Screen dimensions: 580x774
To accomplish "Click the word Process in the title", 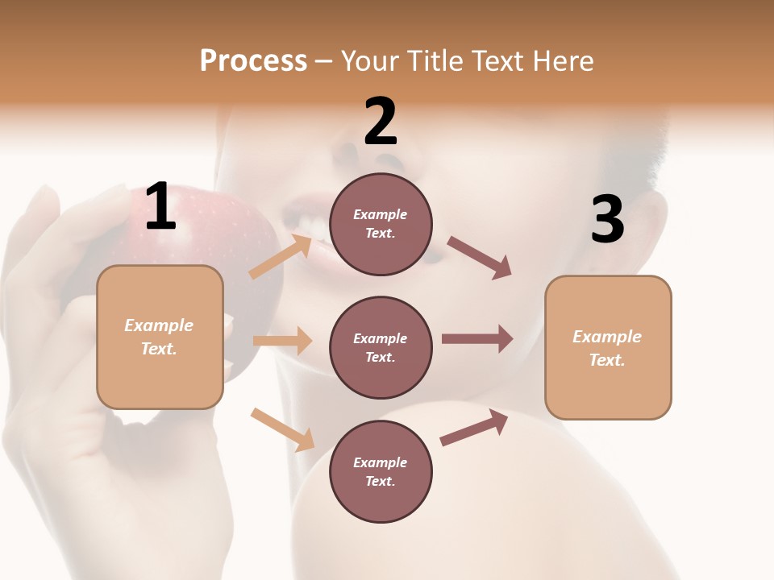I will pos(253,61).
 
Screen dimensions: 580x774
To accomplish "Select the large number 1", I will pos(160,207).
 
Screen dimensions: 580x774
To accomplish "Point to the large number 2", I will pos(381,122).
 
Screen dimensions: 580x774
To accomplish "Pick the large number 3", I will pos(607,220).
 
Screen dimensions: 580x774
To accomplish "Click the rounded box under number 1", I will pos(160,337).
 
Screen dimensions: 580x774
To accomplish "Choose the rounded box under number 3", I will pos(608,347).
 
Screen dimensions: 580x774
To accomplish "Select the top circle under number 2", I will pos(381,224).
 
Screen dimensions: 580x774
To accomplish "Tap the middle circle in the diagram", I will pos(381,347).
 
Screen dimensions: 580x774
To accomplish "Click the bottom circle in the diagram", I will pos(381,471).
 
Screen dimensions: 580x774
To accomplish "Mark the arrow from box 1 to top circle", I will pos(281,256).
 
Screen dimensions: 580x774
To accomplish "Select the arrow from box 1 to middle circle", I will pos(282,341).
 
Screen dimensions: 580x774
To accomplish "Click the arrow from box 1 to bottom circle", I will pos(282,429).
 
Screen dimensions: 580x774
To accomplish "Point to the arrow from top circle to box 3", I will pos(481,258).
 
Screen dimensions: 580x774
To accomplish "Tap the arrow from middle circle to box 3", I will pos(477,339).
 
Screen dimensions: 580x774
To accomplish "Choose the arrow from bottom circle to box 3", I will pos(475,428).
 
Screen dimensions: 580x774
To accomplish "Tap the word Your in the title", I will pos(369,61).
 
